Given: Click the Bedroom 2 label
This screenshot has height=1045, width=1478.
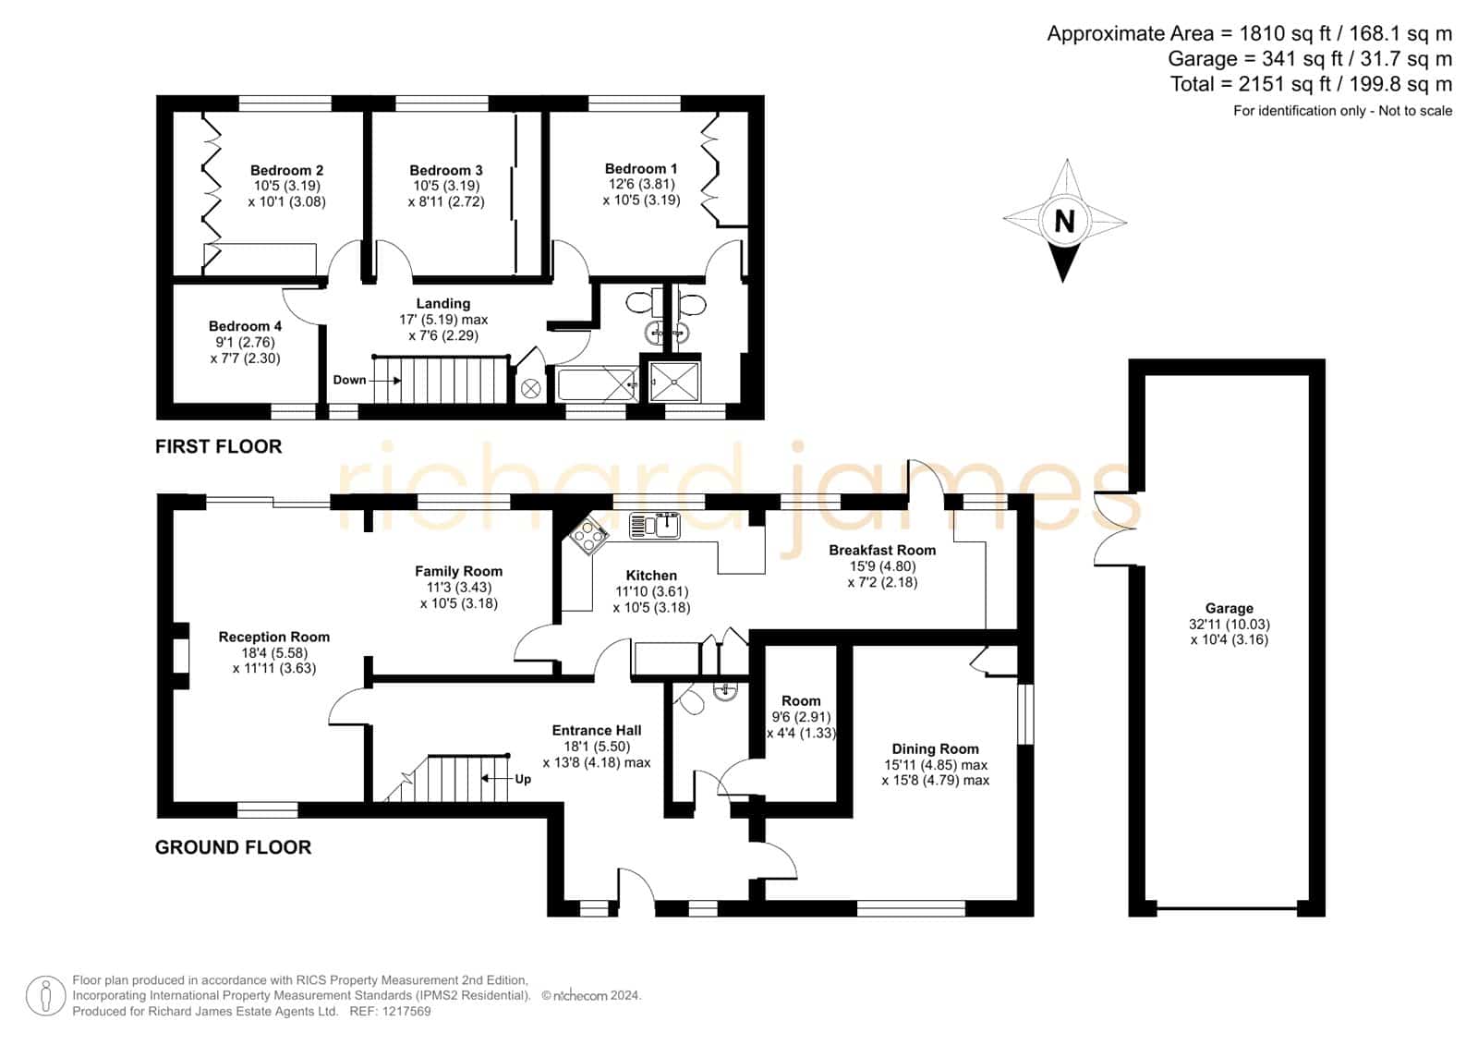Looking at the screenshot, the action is (286, 170).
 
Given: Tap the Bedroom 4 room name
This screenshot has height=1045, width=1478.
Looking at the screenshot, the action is (245, 326).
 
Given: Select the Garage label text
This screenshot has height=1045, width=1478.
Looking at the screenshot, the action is (1229, 609).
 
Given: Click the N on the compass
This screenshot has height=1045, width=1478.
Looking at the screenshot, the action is (1064, 221).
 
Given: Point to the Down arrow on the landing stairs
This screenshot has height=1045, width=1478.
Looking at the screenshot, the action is (386, 381).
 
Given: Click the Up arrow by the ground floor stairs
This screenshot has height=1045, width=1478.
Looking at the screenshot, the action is (497, 779).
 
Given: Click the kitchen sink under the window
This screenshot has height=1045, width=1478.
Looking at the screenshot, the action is (655, 526).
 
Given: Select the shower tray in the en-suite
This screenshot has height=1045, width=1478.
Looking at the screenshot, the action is (674, 382).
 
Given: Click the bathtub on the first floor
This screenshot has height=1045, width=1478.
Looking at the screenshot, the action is (597, 384).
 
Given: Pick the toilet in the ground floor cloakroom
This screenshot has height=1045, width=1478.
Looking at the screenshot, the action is (688, 699).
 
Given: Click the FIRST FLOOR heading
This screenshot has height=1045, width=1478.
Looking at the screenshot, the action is (218, 447).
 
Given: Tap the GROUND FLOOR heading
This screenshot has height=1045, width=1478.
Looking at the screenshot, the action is (233, 847).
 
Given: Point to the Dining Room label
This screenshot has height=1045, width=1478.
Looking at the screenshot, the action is (935, 749).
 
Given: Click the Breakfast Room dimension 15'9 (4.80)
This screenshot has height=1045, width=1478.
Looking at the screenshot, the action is (882, 566).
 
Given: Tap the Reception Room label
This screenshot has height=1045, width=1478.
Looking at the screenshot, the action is (273, 637).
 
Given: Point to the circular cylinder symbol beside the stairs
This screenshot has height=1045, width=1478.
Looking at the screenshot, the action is (530, 389).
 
